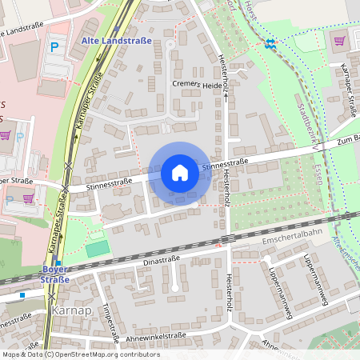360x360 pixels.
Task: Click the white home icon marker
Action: [180, 173]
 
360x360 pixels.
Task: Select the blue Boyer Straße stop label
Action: [54, 275]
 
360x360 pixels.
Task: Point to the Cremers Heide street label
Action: [197, 85]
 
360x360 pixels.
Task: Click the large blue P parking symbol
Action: [54, 47]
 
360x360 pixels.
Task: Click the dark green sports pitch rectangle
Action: [97, 249]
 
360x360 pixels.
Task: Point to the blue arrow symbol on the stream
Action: [270, 43]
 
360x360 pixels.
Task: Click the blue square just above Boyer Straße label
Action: [58, 263]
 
